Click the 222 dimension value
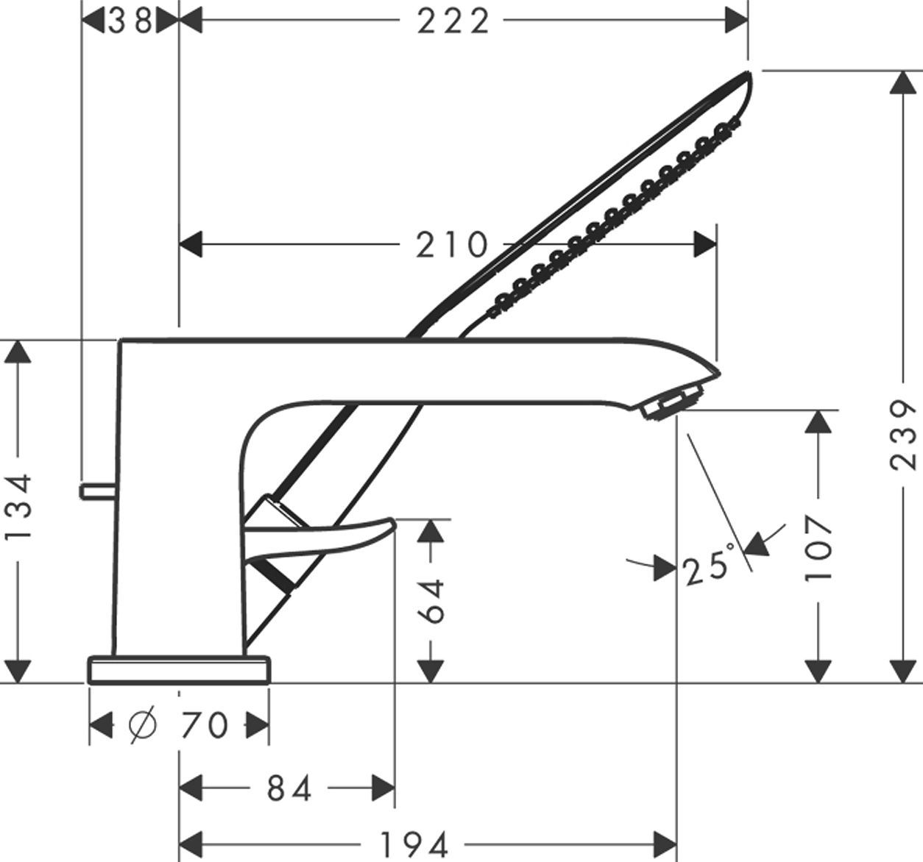pyautogui.click(x=453, y=21)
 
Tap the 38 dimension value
pyautogui.click(x=130, y=21)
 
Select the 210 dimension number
pyautogui.click(x=451, y=245)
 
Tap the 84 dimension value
pyautogui.click(x=289, y=788)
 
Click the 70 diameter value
pyautogui.click(x=204, y=726)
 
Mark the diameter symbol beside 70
pyautogui.click(x=142, y=726)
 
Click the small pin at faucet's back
pyautogui.click(x=96, y=490)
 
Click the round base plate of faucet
pyautogui.click(x=179, y=670)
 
